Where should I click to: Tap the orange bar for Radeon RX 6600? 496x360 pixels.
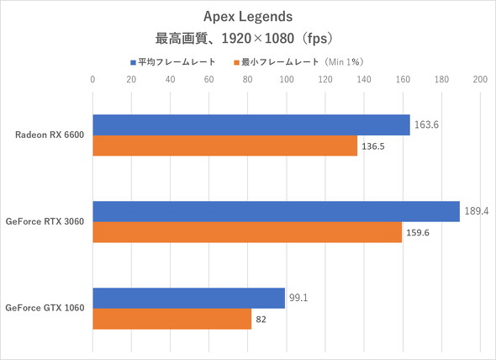[224, 146]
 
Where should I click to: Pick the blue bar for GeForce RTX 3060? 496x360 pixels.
[276, 211]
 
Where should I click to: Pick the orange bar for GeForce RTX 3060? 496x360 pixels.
[246, 232]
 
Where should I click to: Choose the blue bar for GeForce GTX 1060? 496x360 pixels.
[188, 298]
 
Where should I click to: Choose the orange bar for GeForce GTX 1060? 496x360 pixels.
[171, 319]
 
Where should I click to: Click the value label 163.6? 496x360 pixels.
[425, 124]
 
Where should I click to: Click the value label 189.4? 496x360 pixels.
[475, 211]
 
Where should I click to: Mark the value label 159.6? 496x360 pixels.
[418, 233]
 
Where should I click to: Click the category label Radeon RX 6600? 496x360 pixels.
[50, 135]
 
